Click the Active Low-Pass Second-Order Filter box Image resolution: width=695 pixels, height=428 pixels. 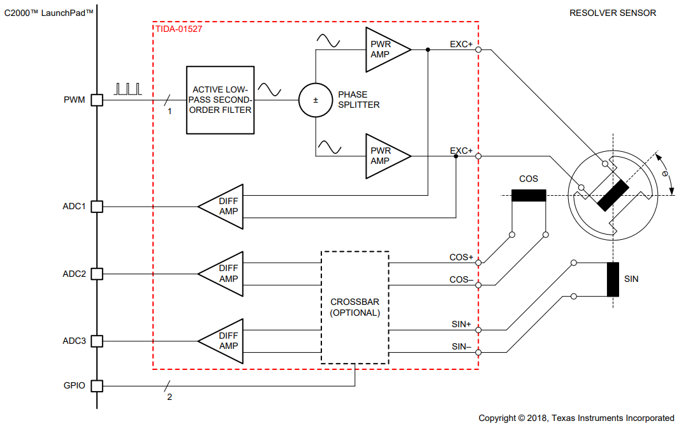pyautogui.click(x=219, y=100)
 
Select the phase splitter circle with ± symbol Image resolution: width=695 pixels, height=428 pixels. pyautogui.click(x=316, y=100)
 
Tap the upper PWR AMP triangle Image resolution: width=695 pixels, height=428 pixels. pyautogui.click(x=384, y=49)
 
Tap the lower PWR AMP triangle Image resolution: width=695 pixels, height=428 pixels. pyautogui.click(x=384, y=156)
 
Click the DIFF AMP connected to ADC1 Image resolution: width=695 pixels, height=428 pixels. pyautogui.click(x=224, y=207)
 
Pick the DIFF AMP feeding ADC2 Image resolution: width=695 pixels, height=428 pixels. pyautogui.click(x=224, y=274)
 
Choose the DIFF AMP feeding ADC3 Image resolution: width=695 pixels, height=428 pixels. pyautogui.click(x=224, y=341)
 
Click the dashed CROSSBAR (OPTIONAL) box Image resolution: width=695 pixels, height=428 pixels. pyautogui.click(x=355, y=307)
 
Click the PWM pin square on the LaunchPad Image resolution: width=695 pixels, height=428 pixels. pyautogui.click(x=96, y=100)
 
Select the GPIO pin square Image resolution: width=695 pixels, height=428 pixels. pyautogui.click(x=96, y=386)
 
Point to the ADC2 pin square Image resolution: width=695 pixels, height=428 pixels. pyautogui.click(x=96, y=274)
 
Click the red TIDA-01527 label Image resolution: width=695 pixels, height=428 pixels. pyautogui.click(x=179, y=29)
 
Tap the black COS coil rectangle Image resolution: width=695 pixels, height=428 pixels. pyautogui.click(x=529, y=195)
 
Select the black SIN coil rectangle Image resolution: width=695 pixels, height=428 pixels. pyautogui.click(x=613, y=279)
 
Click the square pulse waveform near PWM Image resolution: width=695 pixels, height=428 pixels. pyautogui.click(x=128, y=89)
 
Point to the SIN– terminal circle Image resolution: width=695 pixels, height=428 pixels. pyautogui.click(x=478, y=352)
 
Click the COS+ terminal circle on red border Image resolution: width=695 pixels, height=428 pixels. pyautogui.click(x=478, y=263)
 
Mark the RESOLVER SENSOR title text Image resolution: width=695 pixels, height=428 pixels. pyautogui.click(x=612, y=13)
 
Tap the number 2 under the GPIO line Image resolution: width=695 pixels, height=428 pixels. pyautogui.click(x=170, y=397)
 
